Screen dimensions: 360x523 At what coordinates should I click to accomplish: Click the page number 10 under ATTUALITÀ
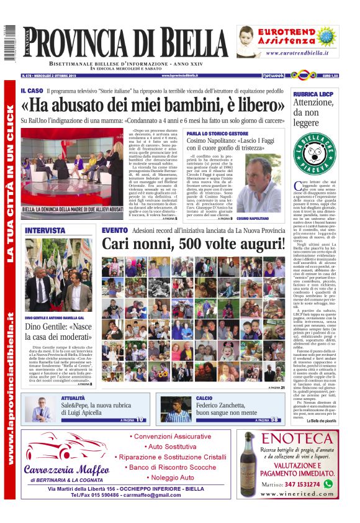(141, 420)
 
